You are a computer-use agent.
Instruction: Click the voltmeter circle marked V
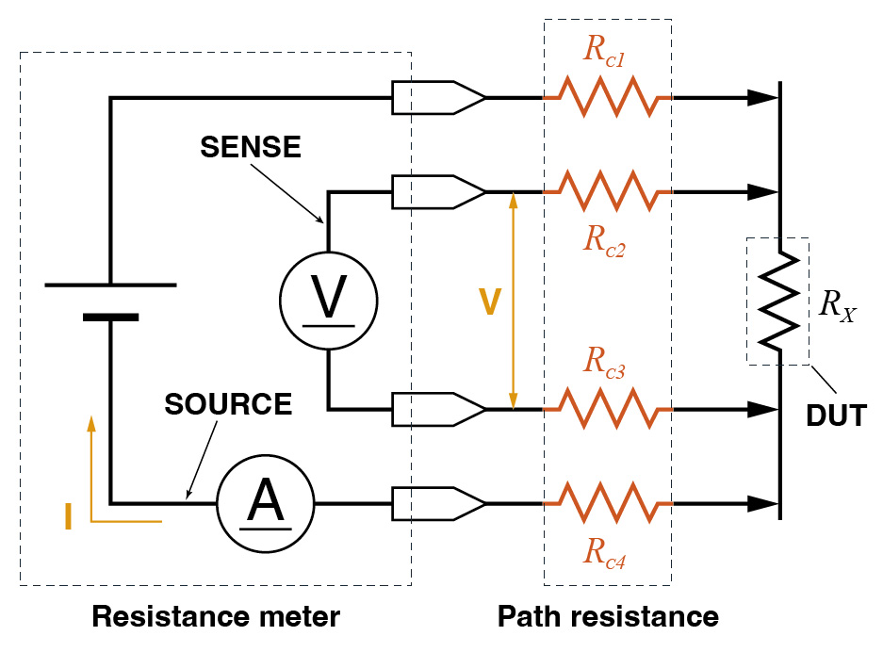(x=328, y=301)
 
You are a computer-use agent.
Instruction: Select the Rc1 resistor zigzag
(x=607, y=97)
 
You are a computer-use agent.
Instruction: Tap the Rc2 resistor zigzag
(x=607, y=192)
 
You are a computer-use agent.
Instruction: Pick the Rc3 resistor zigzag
(x=607, y=410)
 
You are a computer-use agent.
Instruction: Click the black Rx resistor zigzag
(x=780, y=301)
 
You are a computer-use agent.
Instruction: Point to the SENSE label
(x=250, y=148)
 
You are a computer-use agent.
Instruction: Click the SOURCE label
(x=228, y=404)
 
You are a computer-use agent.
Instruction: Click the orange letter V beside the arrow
(x=489, y=302)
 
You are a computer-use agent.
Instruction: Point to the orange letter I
(x=68, y=517)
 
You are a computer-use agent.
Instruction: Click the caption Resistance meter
(x=215, y=618)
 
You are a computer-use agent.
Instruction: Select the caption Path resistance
(x=608, y=618)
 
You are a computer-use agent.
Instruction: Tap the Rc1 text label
(x=605, y=52)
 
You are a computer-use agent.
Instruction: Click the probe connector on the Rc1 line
(x=438, y=97)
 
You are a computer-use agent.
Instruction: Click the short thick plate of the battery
(x=110, y=318)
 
